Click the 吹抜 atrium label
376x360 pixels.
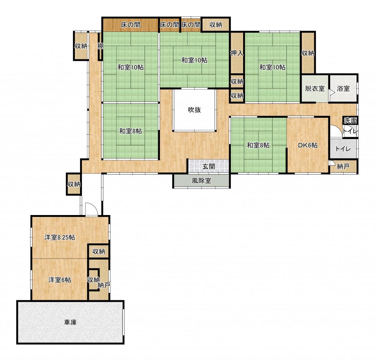pos(194,110)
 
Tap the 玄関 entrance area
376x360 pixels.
pos(209,166)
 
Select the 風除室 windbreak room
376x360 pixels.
pos(202,181)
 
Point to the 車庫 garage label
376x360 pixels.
pos(70,322)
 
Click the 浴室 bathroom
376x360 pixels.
pos(343,89)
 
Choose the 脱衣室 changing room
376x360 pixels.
pos(315,89)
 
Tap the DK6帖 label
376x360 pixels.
pos(308,145)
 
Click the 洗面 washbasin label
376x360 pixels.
pos(350,121)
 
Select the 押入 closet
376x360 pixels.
pos(237,53)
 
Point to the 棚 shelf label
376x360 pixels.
pos(100,46)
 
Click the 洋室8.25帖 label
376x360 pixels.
pos(60,237)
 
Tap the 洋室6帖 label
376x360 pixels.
pos(59,280)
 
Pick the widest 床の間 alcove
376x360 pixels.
pos(131,25)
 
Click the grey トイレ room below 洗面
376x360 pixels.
pos(343,149)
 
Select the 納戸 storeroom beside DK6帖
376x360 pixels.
pos(343,167)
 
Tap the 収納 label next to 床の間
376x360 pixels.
pos(216,25)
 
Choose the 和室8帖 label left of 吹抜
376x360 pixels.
pos(131,131)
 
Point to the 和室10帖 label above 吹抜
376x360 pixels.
pos(194,60)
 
